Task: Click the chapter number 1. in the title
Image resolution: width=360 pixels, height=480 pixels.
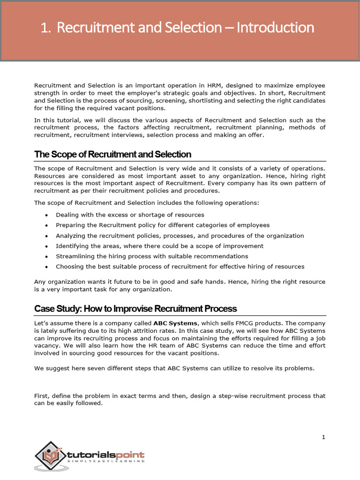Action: click(45, 28)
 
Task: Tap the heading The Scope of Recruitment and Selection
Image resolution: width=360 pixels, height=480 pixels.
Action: click(112, 154)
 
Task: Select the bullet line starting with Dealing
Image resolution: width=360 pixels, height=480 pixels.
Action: click(130, 215)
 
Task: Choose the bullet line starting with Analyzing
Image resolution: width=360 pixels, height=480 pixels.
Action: click(180, 236)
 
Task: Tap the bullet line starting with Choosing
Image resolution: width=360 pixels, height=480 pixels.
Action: click(180, 267)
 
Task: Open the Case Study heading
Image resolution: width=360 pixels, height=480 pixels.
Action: click(135, 308)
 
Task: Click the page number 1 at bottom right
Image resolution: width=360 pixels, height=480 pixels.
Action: click(323, 437)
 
